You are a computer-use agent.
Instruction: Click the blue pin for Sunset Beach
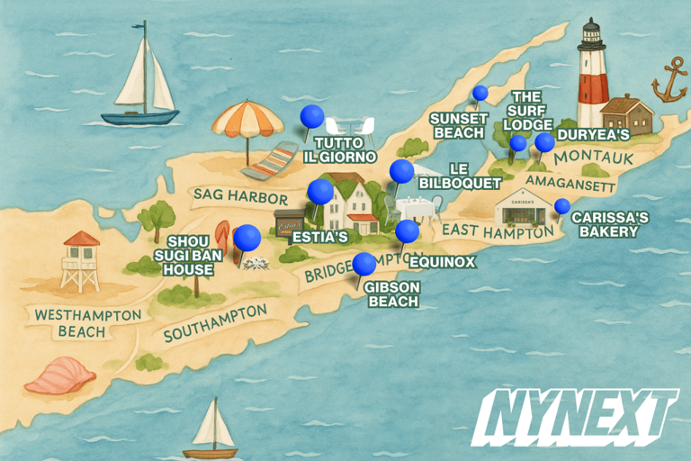[480, 93]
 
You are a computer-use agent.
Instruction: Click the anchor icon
[669, 82]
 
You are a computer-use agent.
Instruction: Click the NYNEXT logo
[576, 417]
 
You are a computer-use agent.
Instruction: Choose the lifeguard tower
[81, 261]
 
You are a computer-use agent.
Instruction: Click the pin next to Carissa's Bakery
[562, 206]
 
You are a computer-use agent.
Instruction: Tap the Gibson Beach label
[392, 294]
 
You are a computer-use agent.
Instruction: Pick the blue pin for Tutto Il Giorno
[312, 117]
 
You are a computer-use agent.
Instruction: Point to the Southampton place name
[216, 322]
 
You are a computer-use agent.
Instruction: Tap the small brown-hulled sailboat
[211, 430]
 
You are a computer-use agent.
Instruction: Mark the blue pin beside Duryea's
[544, 142]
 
